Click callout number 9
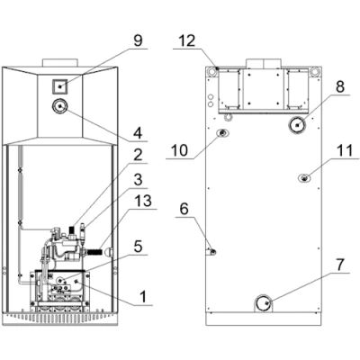coord(138,41)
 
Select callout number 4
coord(138,133)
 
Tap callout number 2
coord(138,156)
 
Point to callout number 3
coord(138,180)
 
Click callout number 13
coord(143,202)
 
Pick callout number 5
coord(138,247)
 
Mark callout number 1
coord(144,297)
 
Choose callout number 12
coord(187,41)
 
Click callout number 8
coord(340,87)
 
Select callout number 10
coord(179,149)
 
